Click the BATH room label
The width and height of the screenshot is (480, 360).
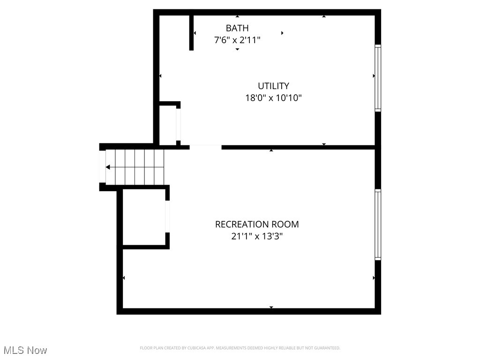237,28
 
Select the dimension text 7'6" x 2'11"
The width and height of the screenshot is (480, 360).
237,40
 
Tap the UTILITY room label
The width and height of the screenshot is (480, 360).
273,86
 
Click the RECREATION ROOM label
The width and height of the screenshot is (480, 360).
257,225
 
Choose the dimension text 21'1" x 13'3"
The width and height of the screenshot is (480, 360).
257,237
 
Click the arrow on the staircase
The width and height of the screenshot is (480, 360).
108,167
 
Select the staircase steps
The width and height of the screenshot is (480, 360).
135,167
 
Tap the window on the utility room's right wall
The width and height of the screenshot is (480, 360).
378,78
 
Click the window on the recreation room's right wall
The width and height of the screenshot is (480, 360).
378,225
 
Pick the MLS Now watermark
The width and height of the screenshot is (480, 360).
25,350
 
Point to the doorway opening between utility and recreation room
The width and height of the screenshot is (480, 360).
205,147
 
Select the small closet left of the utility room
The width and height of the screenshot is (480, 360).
167,125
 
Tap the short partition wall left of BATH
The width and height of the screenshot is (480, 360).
191,32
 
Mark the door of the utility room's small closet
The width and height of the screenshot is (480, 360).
178,124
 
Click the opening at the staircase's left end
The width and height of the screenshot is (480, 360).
102,167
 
